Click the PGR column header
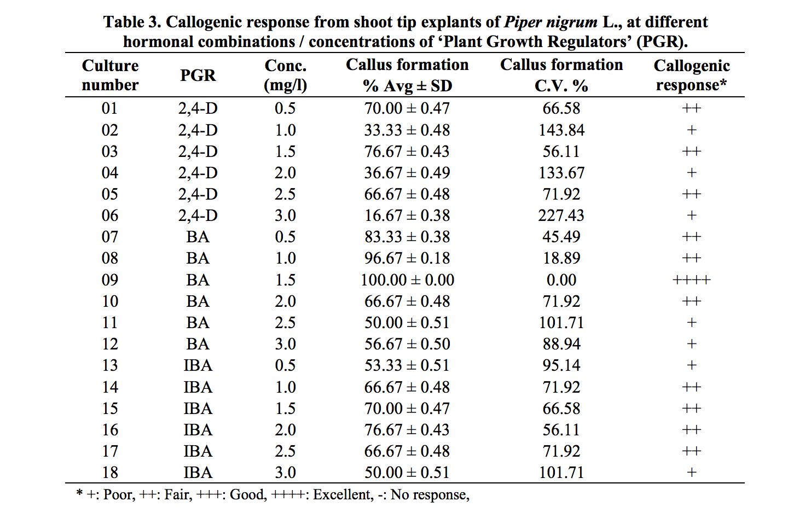point(198,75)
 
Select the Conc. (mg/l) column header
point(285,75)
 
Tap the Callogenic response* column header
point(691,75)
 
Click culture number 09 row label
point(109,280)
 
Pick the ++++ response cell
point(691,280)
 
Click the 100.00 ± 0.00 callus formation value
point(407,280)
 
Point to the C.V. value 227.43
point(561,215)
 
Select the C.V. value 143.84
point(561,130)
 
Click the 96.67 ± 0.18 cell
point(407,258)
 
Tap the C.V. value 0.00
point(561,280)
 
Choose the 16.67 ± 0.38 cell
point(407,215)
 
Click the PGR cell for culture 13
point(198,365)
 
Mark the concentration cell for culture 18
point(285,473)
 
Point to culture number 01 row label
point(109,108)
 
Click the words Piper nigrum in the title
point(551,22)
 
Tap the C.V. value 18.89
point(561,258)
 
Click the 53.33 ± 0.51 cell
point(407,365)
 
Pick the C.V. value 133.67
point(561,173)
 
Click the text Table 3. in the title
point(132,22)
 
